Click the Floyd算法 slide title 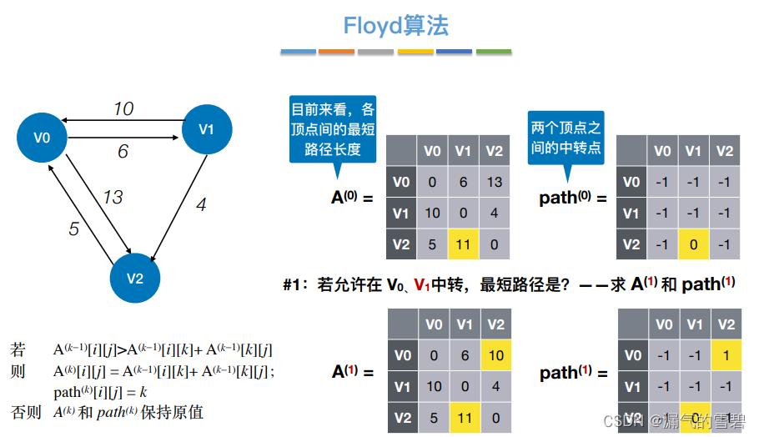(396, 25)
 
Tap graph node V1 (207, 128)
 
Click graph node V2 (135, 278)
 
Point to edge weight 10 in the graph (123, 109)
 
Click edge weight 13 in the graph (113, 197)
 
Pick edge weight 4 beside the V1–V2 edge (200, 204)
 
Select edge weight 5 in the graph (73, 228)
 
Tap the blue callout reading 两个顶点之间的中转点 (565, 137)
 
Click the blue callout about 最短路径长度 (333, 129)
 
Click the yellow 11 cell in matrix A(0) (463, 244)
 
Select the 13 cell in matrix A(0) (495, 183)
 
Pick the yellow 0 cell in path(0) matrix (693, 244)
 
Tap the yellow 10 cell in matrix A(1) (495, 355)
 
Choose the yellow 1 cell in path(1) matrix (725, 355)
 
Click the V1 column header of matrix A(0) (463, 151)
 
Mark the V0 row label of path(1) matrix (631, 355)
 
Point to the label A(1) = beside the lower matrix (353, 371)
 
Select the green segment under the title (493, 52)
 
